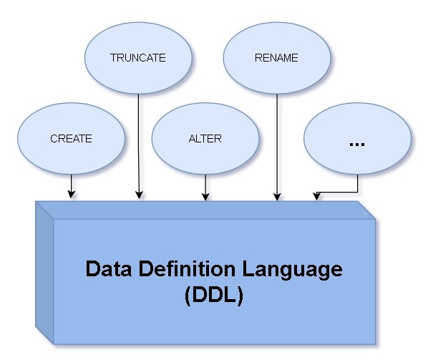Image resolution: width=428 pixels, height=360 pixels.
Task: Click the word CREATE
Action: click(71, 139)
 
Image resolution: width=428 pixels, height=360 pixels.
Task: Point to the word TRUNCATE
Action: click(138, 58)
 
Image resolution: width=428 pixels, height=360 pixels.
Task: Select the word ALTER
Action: click(206, 139)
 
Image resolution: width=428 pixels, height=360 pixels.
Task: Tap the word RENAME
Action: click(276, 58)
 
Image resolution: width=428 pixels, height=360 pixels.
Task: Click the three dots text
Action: click(356, 144)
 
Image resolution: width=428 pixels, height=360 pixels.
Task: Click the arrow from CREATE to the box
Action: click(71, 185)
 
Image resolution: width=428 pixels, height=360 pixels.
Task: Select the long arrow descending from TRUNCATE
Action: click(138, 143)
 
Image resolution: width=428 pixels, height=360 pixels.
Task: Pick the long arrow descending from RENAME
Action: click(276, 143)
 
